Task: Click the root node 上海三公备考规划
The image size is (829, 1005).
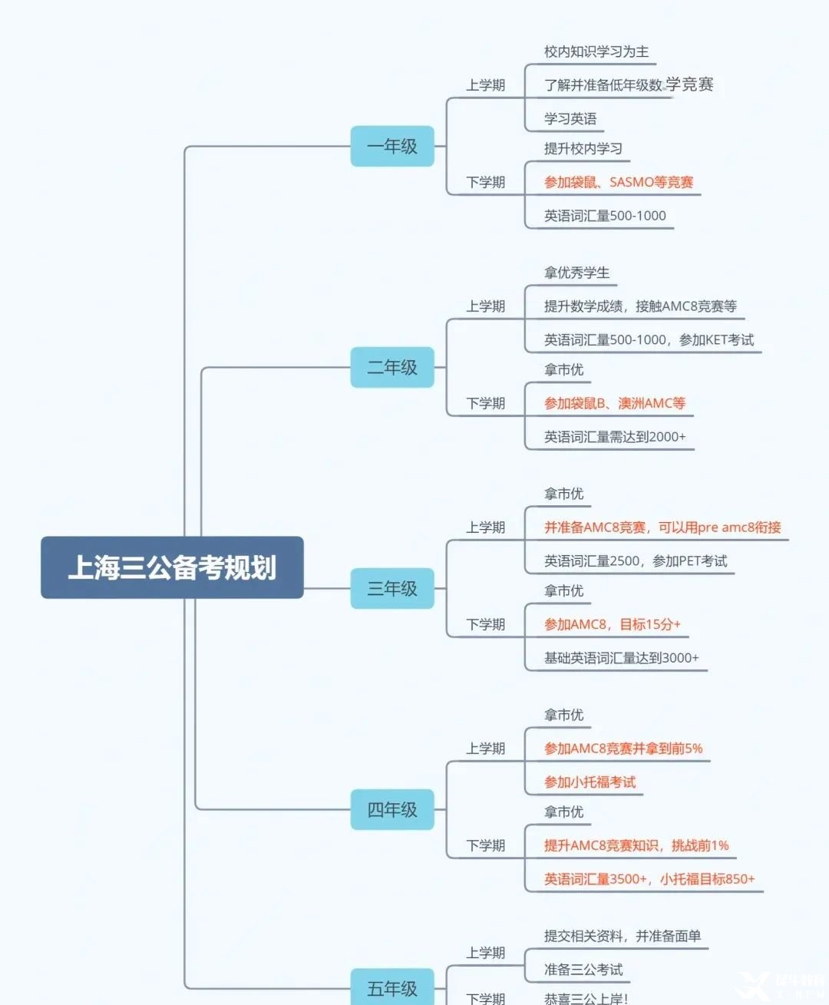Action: click(x=172, y=567)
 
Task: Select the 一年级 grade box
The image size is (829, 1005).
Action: click(x=392, y=146)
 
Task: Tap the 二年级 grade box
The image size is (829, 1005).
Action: click(x=392, y=367)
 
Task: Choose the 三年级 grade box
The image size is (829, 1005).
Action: click(x=392, y=588)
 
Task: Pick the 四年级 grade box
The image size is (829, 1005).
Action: click(x=392, y=809)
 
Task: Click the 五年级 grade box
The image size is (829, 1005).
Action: click(x=392, y=987)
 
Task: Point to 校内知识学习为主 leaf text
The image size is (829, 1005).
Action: click(x=596, y=51)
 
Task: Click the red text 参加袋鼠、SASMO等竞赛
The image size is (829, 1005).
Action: click(x=618, y=182)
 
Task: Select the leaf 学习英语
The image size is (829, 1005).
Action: click(x=570, y=118)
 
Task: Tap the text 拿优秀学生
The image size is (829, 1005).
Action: click(x=577, y=273)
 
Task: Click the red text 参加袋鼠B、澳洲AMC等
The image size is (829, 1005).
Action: click(x=614, y=403)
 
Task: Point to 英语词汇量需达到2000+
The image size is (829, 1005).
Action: click(x=615, y=437)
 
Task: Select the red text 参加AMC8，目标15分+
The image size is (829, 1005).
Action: click(x=612, y=624)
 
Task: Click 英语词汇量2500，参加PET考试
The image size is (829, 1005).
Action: click(x=636, y=560)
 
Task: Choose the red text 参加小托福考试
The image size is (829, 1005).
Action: click(x=590, y=782)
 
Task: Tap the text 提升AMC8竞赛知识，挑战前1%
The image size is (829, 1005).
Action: click(x=636, y=845)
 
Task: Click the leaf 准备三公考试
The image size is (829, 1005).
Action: click(x=583, y=970)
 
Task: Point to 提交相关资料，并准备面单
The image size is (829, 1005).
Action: click(x=622, y=936)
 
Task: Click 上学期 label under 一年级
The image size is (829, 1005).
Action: click(x=485, y=85)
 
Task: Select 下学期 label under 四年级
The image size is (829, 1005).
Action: click(x=485, y=845)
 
